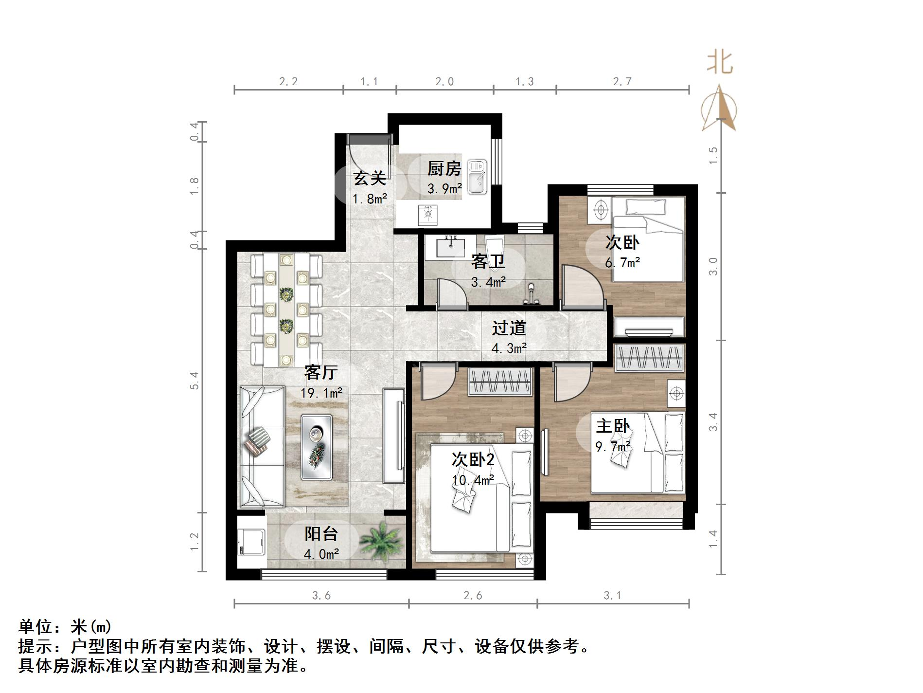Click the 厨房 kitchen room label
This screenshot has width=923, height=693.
(444, 169)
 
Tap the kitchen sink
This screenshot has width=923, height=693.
(478, 177)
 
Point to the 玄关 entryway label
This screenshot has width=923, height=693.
(370, 178)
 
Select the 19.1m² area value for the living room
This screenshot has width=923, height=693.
(321, 392)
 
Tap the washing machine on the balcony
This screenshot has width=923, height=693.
(251, 542)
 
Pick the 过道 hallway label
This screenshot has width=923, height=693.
(509, 328)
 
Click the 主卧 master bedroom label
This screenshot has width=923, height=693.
(613, 426)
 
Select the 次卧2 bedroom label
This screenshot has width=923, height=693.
(473, 459)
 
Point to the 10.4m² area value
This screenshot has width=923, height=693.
(473, 480)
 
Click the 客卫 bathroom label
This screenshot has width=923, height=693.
(488, 262)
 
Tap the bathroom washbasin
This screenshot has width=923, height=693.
(451, 247)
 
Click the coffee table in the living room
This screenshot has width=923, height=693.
(316, 446)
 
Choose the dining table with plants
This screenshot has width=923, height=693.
(286, 310)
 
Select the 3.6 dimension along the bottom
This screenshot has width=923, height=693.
(321, 595)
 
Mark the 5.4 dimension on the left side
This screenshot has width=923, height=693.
(195, 381)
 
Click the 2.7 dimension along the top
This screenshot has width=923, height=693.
(622, 82)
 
